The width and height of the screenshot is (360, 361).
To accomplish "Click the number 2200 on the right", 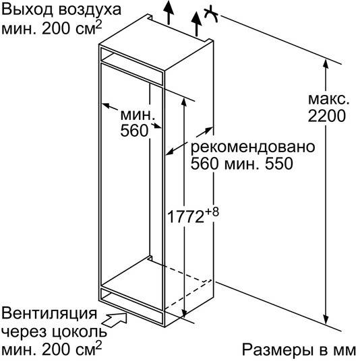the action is [326, 116].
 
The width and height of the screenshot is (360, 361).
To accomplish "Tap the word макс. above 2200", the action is [328, 99].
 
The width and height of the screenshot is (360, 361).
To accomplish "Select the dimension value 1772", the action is [186, 217].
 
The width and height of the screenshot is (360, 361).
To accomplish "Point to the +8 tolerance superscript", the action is [212, 211].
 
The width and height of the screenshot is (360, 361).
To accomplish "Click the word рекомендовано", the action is [253, 147].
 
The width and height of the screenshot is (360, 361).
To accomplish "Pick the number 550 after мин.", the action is [279, 164].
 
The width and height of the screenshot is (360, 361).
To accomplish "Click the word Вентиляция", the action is [49, 313].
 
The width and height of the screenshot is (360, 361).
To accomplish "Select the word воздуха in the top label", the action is [90, 10].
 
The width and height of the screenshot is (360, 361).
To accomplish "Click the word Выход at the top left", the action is [28, 10].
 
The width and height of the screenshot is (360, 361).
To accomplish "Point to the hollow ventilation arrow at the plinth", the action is [115, 319].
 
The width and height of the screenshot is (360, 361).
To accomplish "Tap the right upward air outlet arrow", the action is [196, 24].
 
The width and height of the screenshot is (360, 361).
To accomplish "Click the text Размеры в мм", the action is [299, 350].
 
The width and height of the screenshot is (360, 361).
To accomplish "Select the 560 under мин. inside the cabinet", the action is [134, 131].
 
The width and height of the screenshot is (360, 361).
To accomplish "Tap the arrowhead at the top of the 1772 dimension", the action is [183, 102].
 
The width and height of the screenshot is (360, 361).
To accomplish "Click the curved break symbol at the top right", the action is [211, 15].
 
